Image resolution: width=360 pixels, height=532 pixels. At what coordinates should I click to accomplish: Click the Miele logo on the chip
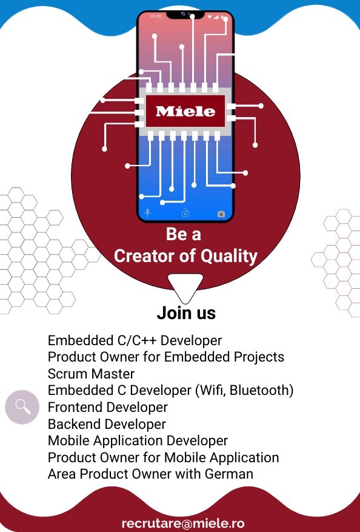185,111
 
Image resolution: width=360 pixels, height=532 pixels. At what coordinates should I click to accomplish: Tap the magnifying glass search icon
22,407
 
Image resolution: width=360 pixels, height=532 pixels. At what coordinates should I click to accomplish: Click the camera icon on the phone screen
221,214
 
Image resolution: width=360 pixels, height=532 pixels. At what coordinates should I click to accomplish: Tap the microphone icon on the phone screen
147,213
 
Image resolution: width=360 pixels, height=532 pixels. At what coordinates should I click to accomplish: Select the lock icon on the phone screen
185,213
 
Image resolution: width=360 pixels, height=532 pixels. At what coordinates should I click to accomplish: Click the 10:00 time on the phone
156,16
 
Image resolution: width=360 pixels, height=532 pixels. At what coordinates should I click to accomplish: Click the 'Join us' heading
186,313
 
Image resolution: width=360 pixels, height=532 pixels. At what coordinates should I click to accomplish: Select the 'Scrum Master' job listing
91,374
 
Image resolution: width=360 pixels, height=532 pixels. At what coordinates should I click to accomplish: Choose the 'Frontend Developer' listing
108,407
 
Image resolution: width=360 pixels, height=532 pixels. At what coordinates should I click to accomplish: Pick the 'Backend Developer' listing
107,424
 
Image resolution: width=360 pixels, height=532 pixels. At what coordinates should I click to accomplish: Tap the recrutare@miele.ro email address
183,523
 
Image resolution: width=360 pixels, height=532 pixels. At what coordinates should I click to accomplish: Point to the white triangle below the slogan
185,286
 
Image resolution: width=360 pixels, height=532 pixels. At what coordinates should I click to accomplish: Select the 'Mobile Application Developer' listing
138,441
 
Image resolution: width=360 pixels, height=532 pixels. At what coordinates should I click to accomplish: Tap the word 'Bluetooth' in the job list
259,390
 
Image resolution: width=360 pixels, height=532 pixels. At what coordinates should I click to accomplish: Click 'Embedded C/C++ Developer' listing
135,340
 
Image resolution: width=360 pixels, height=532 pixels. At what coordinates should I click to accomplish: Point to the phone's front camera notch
185,15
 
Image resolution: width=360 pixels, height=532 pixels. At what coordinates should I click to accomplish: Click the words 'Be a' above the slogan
184,234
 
